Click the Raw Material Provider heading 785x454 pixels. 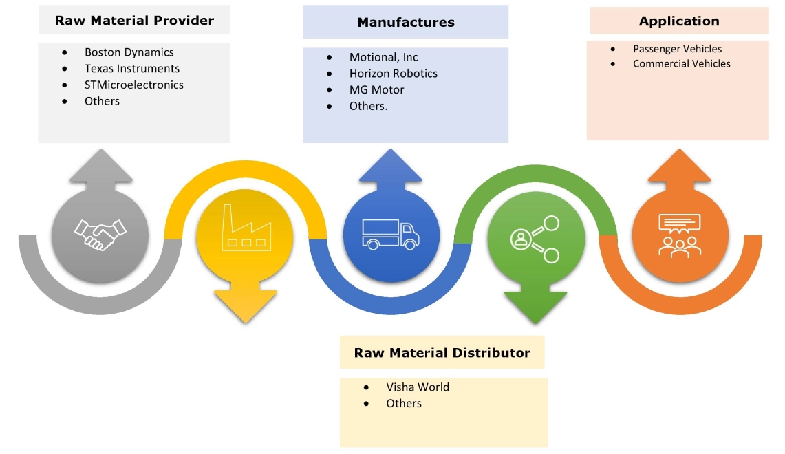134,21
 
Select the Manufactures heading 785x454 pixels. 405,23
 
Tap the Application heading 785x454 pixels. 678,21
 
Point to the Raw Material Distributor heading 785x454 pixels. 442,353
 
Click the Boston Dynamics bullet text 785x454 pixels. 129,52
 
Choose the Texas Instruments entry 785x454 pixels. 131,69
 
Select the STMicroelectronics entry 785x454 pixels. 133,85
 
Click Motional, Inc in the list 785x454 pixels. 383,57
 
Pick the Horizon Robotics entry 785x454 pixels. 393,74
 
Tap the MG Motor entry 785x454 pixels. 376,89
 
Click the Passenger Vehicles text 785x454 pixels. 677,49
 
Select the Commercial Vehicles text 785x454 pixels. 681,63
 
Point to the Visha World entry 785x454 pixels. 417,387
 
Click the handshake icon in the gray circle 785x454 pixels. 100,234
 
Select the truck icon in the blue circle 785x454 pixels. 390,235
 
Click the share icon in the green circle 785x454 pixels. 535,239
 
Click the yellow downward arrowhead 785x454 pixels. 245,305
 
